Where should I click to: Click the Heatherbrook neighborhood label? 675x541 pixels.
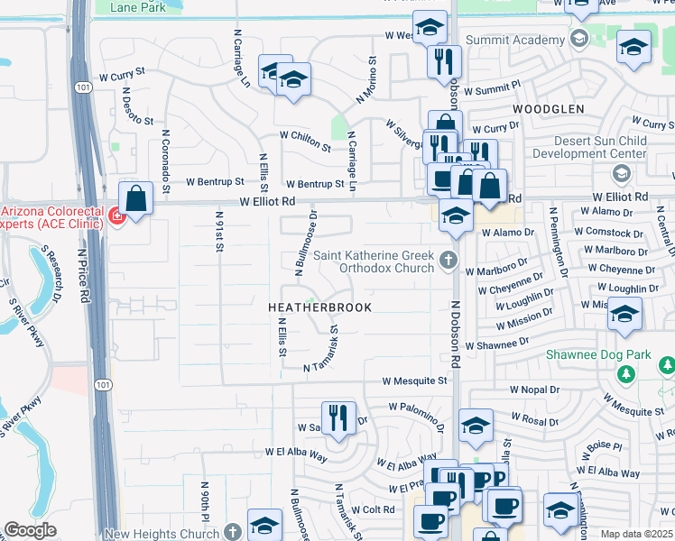tap(308, 307)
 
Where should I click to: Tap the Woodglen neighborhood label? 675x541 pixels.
tap(549, 109)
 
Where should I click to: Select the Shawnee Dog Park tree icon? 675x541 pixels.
tap(667, 366)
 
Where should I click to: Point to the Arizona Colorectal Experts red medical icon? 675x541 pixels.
tap(116, 215)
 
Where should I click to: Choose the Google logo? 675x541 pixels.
tap(30, 531)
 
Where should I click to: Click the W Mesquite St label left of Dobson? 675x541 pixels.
tap(414, 381)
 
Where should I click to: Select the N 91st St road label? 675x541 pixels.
tap(219, 233)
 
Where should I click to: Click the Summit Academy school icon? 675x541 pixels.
tap(578, 38)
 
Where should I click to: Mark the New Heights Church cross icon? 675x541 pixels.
tap(233, 533)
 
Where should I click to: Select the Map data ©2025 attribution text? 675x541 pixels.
tap(637, 534)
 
